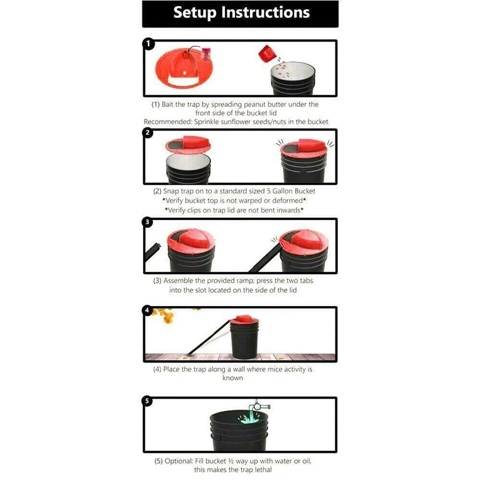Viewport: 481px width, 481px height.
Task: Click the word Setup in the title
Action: click(x=199, y=13)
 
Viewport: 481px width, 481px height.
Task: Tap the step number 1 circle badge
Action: click(x=147, y=44)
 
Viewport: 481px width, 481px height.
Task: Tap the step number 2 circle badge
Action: click(x=147, y=133)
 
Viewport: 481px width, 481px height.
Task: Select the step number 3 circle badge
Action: click(x=147, y=222)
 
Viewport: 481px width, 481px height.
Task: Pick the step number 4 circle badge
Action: click(x=147, y=311)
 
